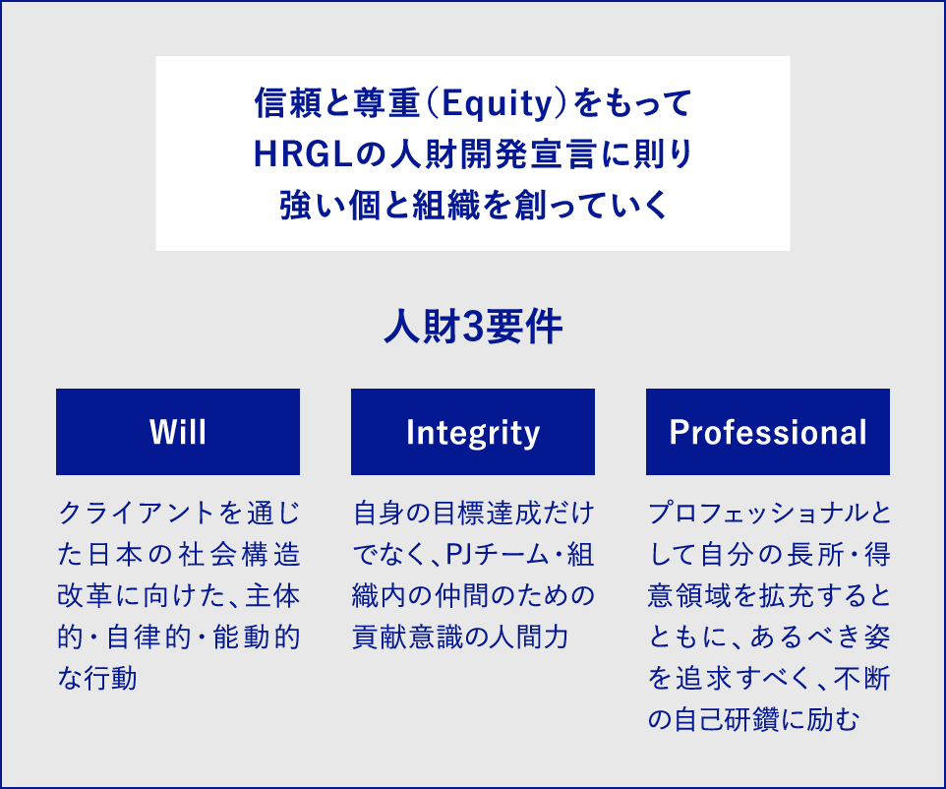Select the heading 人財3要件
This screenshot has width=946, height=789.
[473, 327]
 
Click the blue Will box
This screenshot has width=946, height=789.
[178, 432]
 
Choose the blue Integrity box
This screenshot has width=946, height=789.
[473, 432]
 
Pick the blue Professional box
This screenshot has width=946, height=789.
[768, 432]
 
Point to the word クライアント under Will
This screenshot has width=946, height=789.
[137, 514]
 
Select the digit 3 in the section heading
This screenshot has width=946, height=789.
[473, 327]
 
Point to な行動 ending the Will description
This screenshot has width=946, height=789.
[97, 678]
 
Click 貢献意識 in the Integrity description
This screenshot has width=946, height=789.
[406, 637]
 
